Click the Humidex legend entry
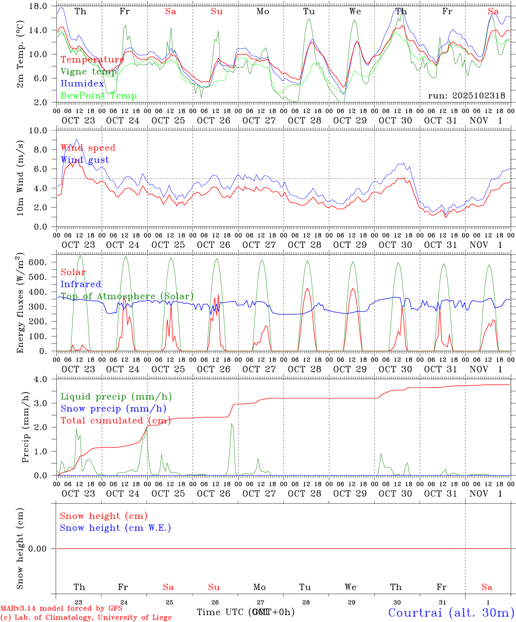coord(82,84)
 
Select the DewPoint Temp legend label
coord(99,96)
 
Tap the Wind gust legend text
coord(85,160)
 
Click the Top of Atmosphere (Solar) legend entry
coord(127,296)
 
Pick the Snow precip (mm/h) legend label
coord(113,409)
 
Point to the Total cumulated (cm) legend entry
coord(115,420)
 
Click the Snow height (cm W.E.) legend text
coord(115,528)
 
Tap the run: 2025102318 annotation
coord(466,96)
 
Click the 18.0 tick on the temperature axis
coord(39,6)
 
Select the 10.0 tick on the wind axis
coord(39,130)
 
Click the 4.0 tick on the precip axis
coord(43,379)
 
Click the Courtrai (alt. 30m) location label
coord(451,612)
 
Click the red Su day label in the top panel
coord(217,12)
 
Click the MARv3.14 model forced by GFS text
coord(61,608)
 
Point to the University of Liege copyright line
coord(86,618)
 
